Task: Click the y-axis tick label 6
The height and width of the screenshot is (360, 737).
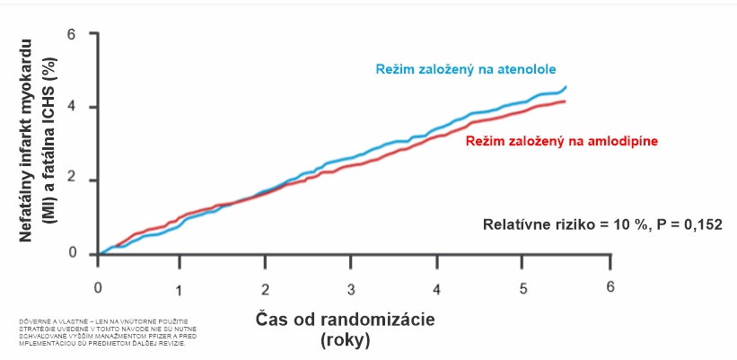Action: pos(72,34)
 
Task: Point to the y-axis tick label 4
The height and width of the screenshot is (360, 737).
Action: pos(72,108)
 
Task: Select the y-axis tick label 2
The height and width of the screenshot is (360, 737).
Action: pos(72,180)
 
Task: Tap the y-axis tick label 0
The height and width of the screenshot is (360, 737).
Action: pos(72,254)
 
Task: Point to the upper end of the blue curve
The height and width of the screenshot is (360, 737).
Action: pos(565,87)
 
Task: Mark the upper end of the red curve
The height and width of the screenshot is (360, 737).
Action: pos(564,101)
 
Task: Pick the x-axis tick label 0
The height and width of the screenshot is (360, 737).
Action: pos(98,288)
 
